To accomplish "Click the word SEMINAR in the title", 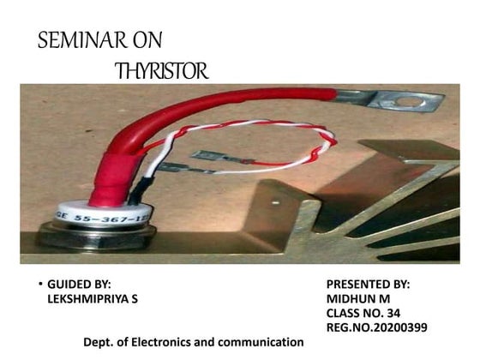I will [77, 40].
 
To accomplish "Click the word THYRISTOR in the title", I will [162, 71].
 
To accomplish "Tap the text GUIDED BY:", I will [79, 284].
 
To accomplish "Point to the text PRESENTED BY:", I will [369, 284].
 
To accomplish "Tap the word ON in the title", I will [142, 40].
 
